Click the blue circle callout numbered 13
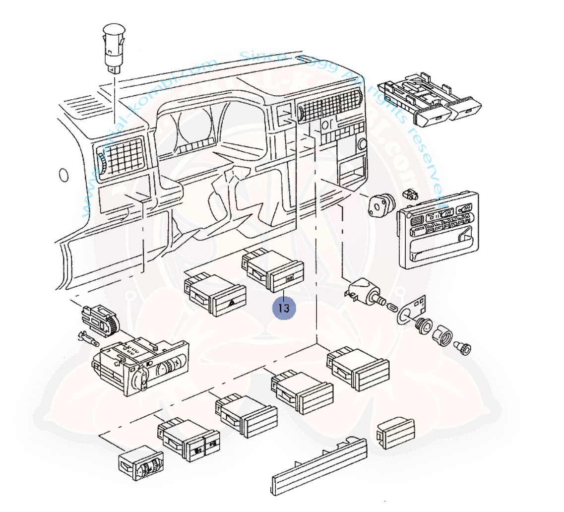coord(284,308)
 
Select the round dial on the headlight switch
coord(163,370)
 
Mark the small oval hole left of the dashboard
coord(63,176)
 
